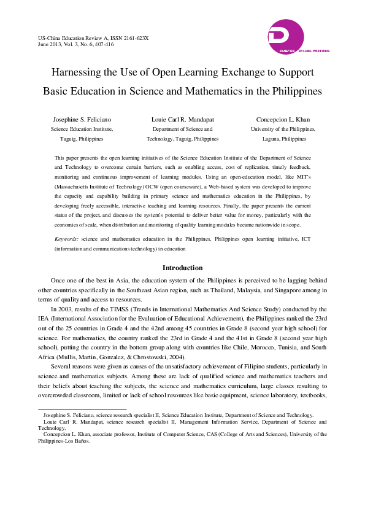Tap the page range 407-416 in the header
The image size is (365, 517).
[101, 45]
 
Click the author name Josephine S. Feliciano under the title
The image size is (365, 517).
[82, 119]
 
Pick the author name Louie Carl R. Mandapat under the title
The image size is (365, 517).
[182, 119]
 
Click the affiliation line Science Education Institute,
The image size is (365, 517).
[82, 130]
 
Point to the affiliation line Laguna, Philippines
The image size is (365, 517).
[283, 139]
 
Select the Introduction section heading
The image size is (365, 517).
[182, 268]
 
